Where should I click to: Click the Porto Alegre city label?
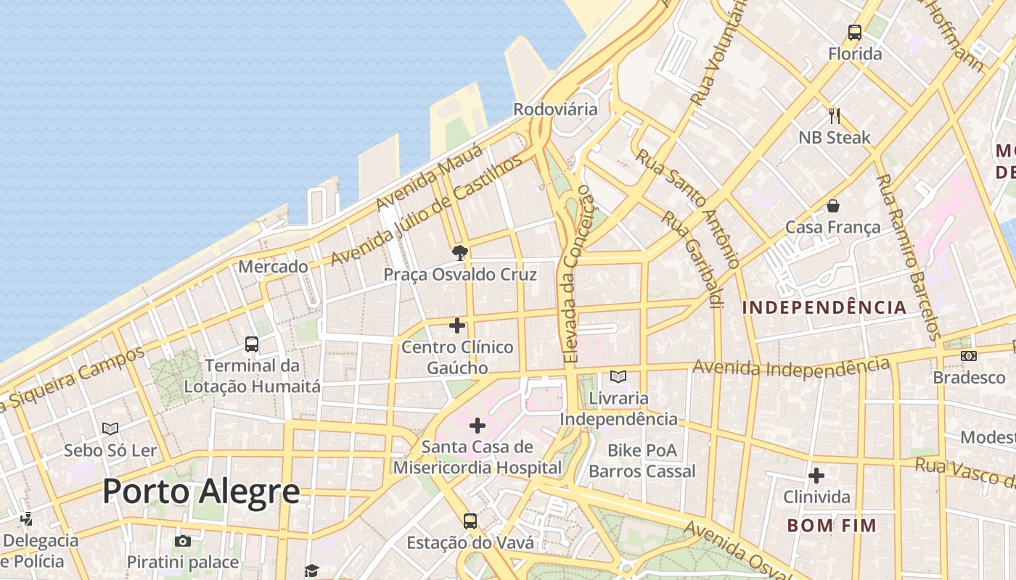point(201,491)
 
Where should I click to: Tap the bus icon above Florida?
point(855,33)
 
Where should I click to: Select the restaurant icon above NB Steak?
point(835,115)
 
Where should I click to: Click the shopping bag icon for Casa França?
point(833,206)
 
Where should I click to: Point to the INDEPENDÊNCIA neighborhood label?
point(824,307)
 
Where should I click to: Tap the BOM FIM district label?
point(832,525)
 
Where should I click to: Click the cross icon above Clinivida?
point(816,476)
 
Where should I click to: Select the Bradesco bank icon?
point(968,356)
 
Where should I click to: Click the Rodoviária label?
point(555,109)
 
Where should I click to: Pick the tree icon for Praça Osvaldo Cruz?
point(459,253)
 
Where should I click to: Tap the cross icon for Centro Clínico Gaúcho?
point(457,326)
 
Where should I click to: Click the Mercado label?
point(273,267)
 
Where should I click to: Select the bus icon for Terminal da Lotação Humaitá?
point(252,344)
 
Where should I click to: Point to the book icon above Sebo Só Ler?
point(110,428)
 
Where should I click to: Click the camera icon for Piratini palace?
point(183,541)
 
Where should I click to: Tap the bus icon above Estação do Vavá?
point(470,521)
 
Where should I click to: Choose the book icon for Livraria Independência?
point(618,376)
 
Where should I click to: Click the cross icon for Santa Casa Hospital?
point(478,425)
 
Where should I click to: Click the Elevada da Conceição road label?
point(577,275)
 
